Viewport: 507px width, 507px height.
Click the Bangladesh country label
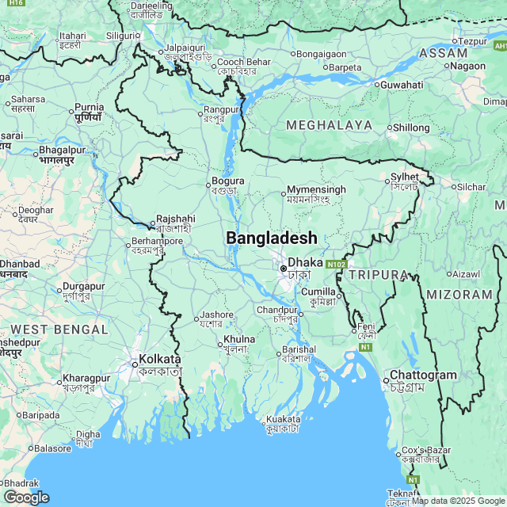[272, 238]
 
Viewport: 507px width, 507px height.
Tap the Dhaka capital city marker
[284, 269]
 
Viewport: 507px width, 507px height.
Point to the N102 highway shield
[336, 264]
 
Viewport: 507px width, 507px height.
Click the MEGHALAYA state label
[329, 125]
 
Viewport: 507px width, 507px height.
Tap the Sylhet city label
[404, 177]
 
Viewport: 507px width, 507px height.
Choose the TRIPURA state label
[378, 275]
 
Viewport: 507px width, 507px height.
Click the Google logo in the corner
[26, 497]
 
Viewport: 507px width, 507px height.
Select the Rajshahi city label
[175, 218]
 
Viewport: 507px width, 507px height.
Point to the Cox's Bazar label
[427, 450]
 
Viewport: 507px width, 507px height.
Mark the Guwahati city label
[402, 85]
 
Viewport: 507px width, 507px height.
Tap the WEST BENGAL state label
[59, 329]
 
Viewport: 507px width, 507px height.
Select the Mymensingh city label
[316, 190]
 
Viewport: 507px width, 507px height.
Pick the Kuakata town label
[283, 419]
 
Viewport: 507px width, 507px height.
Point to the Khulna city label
[239, 339]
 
